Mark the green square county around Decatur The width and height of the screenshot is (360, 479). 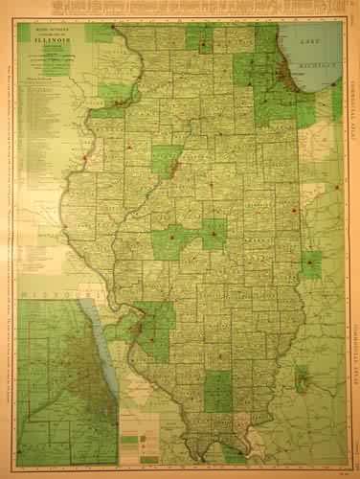(x=214, y=233)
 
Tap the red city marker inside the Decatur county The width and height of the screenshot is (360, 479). (x=212, y=232)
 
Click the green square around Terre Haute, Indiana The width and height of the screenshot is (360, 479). (x=311, y=263)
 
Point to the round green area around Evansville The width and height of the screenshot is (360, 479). (x=304, y=380)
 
